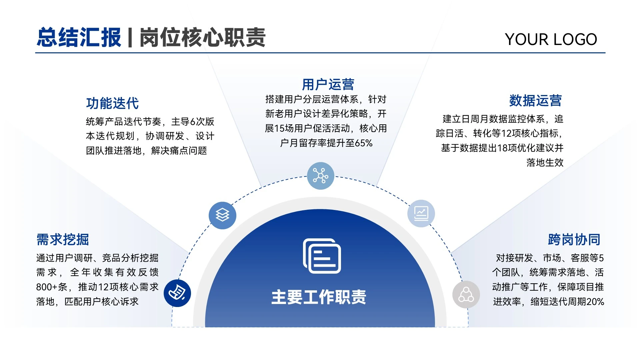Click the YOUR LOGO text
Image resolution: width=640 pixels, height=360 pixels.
551,39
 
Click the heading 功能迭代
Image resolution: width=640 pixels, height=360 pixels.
112,103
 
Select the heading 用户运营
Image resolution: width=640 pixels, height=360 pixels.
328,84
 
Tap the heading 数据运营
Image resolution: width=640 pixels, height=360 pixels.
535,100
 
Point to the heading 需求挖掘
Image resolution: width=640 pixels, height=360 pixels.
63,239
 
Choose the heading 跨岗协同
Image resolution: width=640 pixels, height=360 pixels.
574,239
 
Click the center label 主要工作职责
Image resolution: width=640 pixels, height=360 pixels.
319,297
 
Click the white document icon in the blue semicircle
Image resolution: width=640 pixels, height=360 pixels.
322,256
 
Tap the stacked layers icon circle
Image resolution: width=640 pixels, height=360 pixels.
222,215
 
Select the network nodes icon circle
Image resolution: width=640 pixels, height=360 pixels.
320,176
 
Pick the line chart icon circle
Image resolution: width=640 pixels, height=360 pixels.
421,213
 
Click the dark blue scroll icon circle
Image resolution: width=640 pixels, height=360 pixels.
177,293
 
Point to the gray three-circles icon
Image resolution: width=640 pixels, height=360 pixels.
466,295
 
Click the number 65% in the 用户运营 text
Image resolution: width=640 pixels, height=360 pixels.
364,143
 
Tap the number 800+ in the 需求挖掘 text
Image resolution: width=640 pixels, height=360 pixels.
47,287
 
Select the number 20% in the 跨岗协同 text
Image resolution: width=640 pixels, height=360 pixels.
595,302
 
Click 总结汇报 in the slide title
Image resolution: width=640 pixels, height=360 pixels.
79,37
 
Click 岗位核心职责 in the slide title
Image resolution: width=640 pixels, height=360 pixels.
202,37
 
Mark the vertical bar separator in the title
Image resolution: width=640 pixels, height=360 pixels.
130,37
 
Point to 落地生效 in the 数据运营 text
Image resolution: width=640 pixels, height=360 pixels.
545,163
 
